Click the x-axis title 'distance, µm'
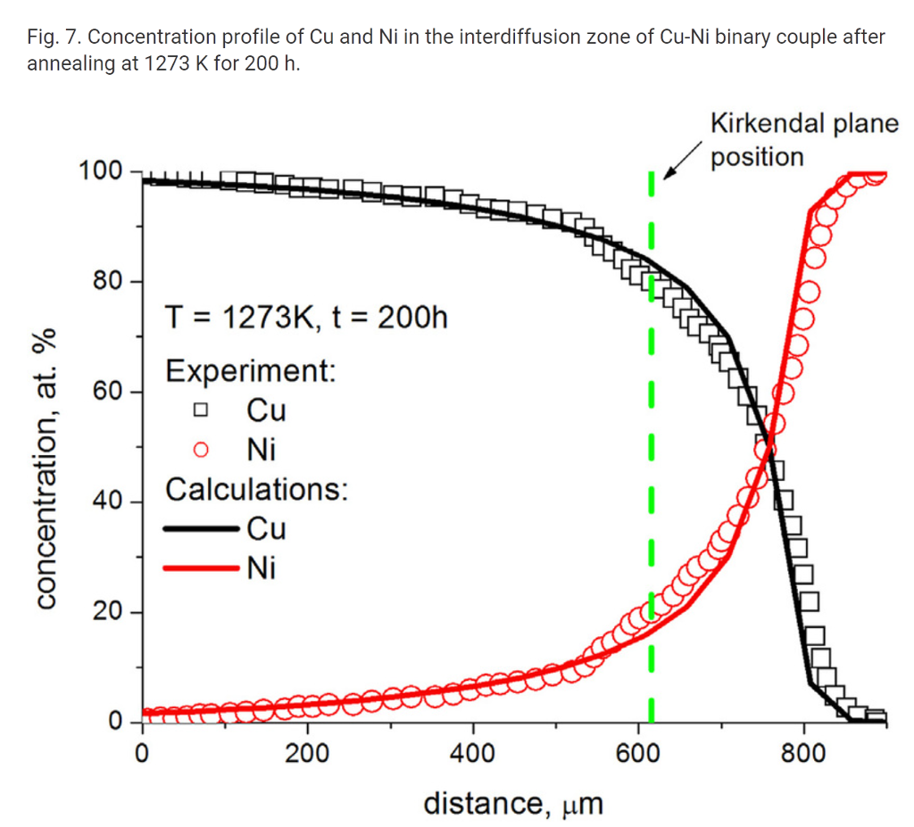[x=513, y=803]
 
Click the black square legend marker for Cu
[x=201, y=410]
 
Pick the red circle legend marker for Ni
[x=201, y=450]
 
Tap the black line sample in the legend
[x=201, y=529]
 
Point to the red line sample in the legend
[x=201, y=567]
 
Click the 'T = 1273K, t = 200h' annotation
[x=306, y=317]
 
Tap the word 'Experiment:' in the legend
[x=251, y=370]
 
